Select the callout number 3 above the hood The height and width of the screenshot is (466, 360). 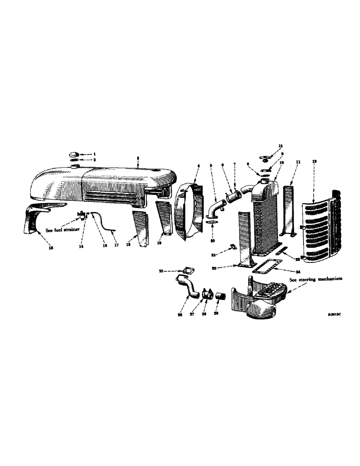pos(138,158)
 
